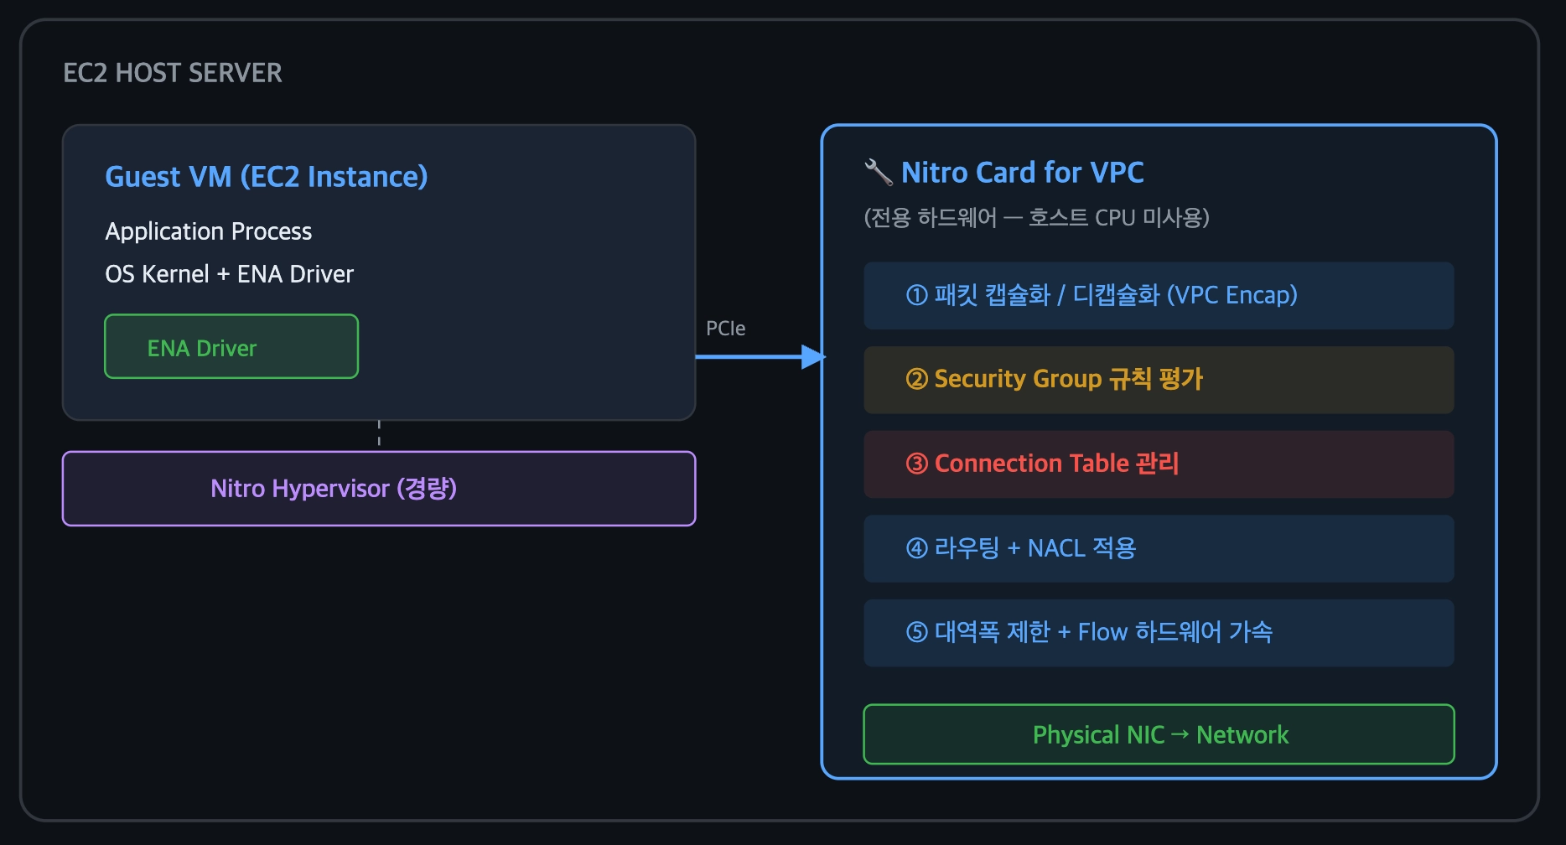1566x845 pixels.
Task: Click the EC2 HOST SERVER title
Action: [x=173, y=73]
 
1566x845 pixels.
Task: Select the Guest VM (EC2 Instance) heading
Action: [x=267, y=177]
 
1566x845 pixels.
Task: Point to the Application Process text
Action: [x=208, y=231]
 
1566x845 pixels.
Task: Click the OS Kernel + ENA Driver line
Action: [x=229, y=274]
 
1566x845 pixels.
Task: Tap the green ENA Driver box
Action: [x=231, y=346]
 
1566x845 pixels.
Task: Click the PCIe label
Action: [x=725, y=329]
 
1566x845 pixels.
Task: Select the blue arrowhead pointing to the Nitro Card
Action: [x=813, y=357]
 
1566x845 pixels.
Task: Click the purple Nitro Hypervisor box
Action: [x=379, y=489]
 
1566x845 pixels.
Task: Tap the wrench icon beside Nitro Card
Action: [x=878, y=172]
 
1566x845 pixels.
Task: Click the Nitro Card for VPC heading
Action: [x=1022, y=173]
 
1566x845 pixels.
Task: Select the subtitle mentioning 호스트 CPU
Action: [x=1036, y=218]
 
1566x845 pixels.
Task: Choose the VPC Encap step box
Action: [x=1159, y=296]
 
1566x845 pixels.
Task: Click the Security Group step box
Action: [x=1159, y=380]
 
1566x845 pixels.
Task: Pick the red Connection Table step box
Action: [x=1159, y=464]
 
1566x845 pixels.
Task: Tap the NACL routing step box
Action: [x=1159, y=549]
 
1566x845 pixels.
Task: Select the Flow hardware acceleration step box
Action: [x=1159, y=633]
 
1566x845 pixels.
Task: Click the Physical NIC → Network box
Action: [x=1159, y=734]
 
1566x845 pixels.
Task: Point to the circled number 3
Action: [x=917, y=464]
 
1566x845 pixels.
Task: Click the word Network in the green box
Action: [x=1242, y=735]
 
